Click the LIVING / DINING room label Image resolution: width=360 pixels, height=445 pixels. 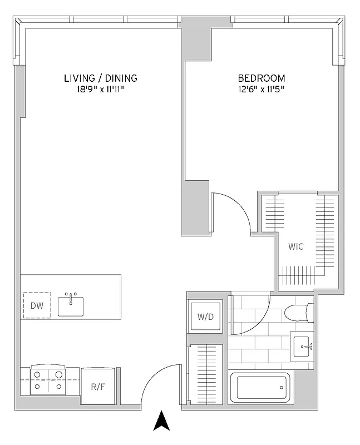click(100, 78)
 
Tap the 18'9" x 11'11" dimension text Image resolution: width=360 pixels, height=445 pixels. click(100, 89)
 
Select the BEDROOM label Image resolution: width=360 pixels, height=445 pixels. click(262, 78)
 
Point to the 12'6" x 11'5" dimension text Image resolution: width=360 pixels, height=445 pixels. click(262, 89)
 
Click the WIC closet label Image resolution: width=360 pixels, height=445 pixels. click(296, 246)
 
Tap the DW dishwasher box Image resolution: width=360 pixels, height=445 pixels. click(37, 305)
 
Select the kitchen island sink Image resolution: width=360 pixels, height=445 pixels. click(71, 305)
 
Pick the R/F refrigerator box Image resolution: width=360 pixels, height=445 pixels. click(98, 385)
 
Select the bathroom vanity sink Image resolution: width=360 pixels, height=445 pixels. click(304, 346)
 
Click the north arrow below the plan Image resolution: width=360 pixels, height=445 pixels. click(161, 421)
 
